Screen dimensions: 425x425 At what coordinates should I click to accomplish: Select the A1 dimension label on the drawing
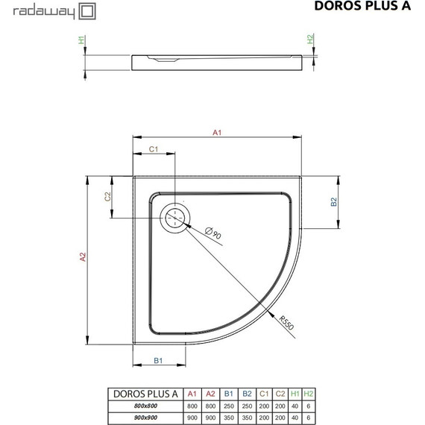coord(218,132)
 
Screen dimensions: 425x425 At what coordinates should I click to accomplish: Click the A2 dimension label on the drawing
coord(84,257)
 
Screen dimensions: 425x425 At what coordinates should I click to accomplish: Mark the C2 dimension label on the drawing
coord(107,197)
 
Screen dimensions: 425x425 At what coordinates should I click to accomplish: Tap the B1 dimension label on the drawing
coord(158,361)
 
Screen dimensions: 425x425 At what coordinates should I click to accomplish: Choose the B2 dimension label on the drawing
coord(335,201)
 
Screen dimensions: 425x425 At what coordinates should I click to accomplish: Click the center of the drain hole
coord(175,218)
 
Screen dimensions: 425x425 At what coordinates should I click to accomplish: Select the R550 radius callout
coord(286,321)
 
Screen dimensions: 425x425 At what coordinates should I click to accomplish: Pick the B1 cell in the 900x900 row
coord(229,416)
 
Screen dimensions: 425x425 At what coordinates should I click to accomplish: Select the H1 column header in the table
coord(295,393)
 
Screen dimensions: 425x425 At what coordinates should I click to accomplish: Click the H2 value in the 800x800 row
coord(309,405)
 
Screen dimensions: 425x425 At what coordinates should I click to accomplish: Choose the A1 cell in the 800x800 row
coord(192,405)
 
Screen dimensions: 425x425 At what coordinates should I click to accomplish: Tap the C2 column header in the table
coord(280,393)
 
